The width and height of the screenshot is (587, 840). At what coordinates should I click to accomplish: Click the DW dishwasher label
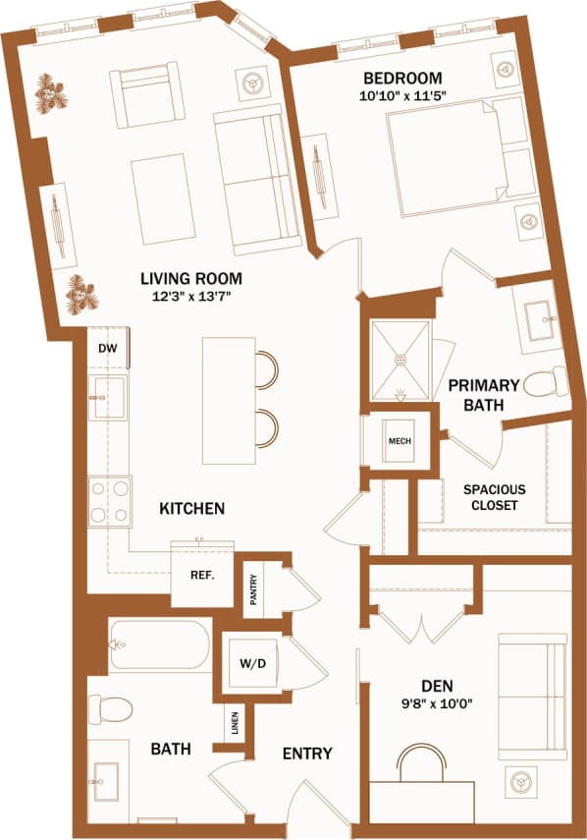point(106,349)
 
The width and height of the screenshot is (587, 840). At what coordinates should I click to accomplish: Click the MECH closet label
point(400,441)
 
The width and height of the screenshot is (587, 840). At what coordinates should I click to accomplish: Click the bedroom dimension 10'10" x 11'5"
point(401,96)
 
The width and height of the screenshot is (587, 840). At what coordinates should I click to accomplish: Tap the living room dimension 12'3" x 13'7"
point(190,297)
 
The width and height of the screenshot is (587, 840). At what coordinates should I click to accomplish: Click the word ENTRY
point(307,754)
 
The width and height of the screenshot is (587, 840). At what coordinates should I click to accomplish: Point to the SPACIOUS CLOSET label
point(494,497)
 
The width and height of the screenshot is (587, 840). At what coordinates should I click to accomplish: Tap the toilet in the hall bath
point(110,707)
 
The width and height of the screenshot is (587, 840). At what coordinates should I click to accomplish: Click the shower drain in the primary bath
point(400,360)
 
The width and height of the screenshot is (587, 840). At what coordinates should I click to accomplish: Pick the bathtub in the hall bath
point(159,645)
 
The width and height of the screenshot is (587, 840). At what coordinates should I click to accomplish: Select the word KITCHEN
point(193,509)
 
